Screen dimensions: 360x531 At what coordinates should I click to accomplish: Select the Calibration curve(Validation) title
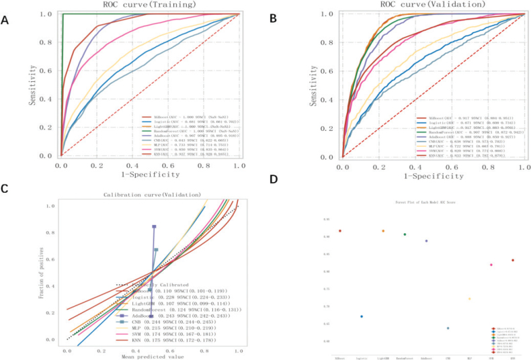click(154, 195)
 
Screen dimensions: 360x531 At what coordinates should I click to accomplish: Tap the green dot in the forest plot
click(405, 234)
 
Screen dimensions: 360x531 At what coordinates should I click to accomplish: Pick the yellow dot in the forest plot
click(469, 299)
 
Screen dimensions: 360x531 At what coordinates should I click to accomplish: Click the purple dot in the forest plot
click(426, 240)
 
